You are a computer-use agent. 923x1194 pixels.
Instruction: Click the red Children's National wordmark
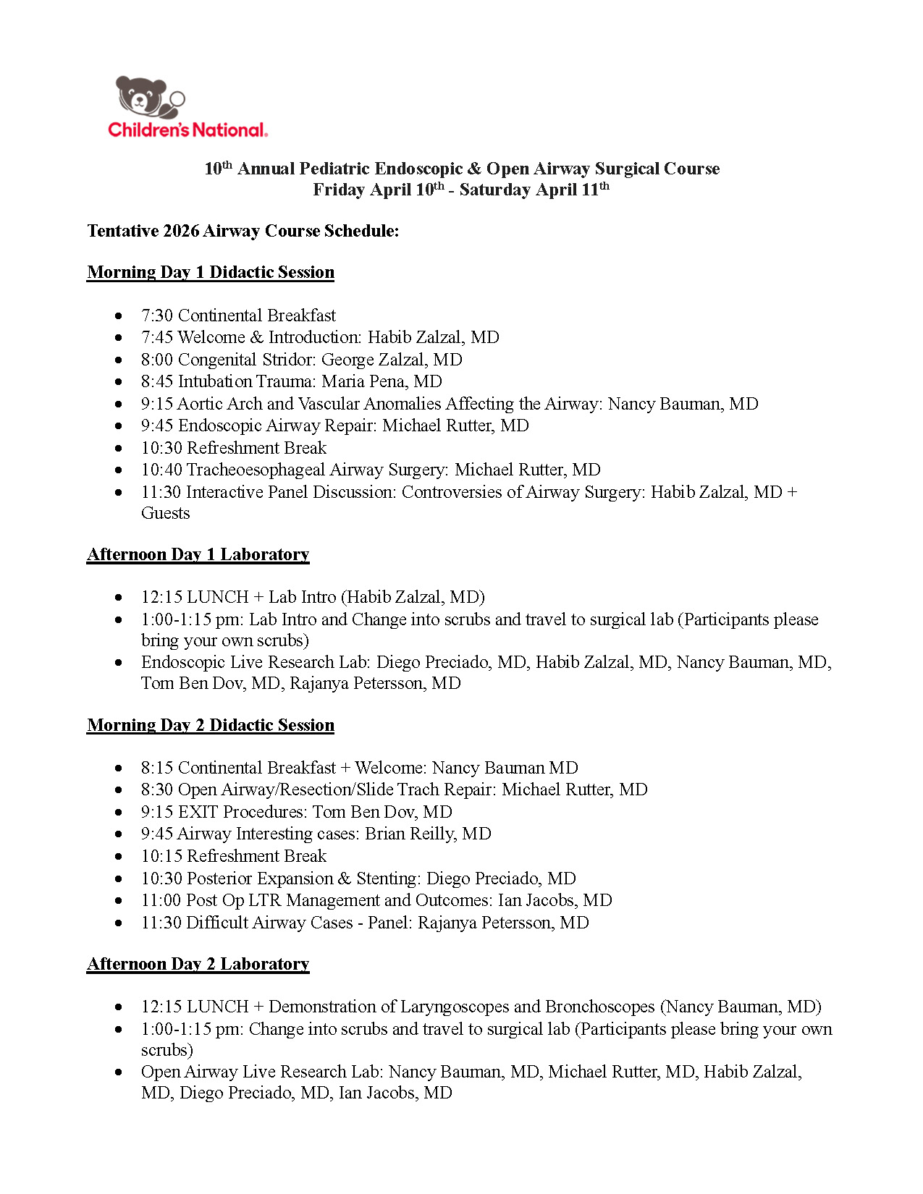pos(187,130)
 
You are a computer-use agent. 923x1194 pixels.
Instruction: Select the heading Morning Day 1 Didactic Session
pos(211,272)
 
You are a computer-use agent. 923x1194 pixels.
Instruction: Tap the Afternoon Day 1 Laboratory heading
pos(198,554)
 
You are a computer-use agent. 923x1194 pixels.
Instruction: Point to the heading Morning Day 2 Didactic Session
pos(211,725)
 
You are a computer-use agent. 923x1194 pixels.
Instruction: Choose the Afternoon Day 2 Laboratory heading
pos(198,964)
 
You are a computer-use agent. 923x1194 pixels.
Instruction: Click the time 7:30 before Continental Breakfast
pos(157,316)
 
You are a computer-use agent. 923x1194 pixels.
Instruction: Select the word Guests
pos(166,513)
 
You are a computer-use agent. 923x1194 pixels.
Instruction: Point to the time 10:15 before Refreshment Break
pos(161,856)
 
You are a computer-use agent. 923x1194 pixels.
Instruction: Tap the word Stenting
pos(386,878)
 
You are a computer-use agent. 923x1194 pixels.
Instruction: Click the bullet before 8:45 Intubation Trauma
pos(119,381)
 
